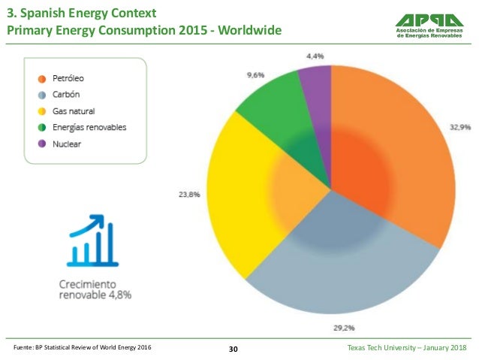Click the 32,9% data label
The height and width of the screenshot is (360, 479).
pos(460,127)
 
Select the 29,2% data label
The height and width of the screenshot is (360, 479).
pos(344,328)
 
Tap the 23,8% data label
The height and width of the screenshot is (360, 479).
pos(189,195)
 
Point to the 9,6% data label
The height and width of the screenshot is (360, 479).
pos(256,75)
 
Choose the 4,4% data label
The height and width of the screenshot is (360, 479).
pos(315,56)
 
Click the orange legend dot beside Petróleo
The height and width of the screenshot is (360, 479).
pos(42,79)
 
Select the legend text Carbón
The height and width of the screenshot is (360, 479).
pos(66,95)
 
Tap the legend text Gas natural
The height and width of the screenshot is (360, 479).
pos(74,111)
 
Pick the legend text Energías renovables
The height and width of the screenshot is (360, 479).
pos(89,128)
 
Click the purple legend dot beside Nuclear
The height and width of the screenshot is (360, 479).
pos(42,144)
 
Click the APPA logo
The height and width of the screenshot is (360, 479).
pos(429,26)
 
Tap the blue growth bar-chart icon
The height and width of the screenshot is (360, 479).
pos(92,241)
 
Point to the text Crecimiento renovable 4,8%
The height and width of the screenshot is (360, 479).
pos(95,289)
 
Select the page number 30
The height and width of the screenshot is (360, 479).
pos(233,349)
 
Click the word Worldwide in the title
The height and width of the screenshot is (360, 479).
pos(249,30)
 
